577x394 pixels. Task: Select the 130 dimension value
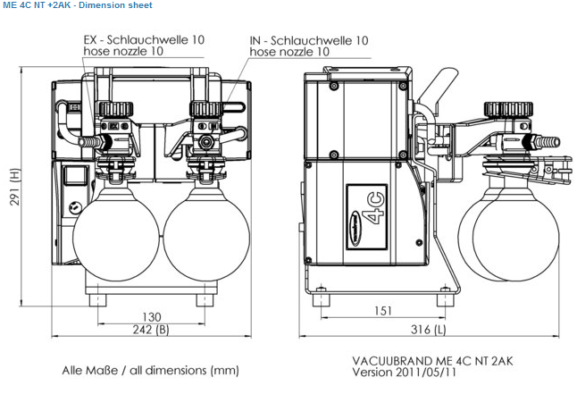151,316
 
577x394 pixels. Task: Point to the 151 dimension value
382,312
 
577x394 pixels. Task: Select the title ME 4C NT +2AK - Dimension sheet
78,5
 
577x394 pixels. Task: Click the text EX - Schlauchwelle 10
144,40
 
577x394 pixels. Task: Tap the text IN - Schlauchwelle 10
309,40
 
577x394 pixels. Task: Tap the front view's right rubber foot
203,302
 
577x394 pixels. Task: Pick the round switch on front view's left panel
76,206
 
